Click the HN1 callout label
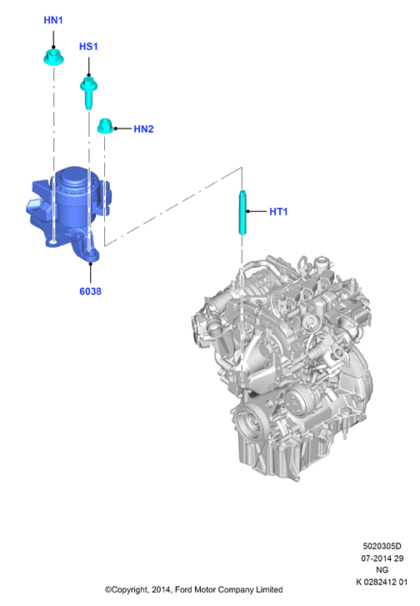pyautogui.click(x=53, y=20)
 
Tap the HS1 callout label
pyautogui.click(x=88, y=47)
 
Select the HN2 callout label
pyautogui.click(x=143, y=129)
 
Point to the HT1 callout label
pyautogui.click(x=278, y=211)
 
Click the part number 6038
pyautogui.click(x=90, y=291)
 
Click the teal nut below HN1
pyautogui.click(x=53, y=58)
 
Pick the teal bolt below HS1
pyautogui.click(x=88, y=93)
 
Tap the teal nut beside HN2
pyautogui.click(x=105, y=126)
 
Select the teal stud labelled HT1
pyautogui.click(x=242, y=212)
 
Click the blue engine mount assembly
pyautogui.click(x=68, y=210)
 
